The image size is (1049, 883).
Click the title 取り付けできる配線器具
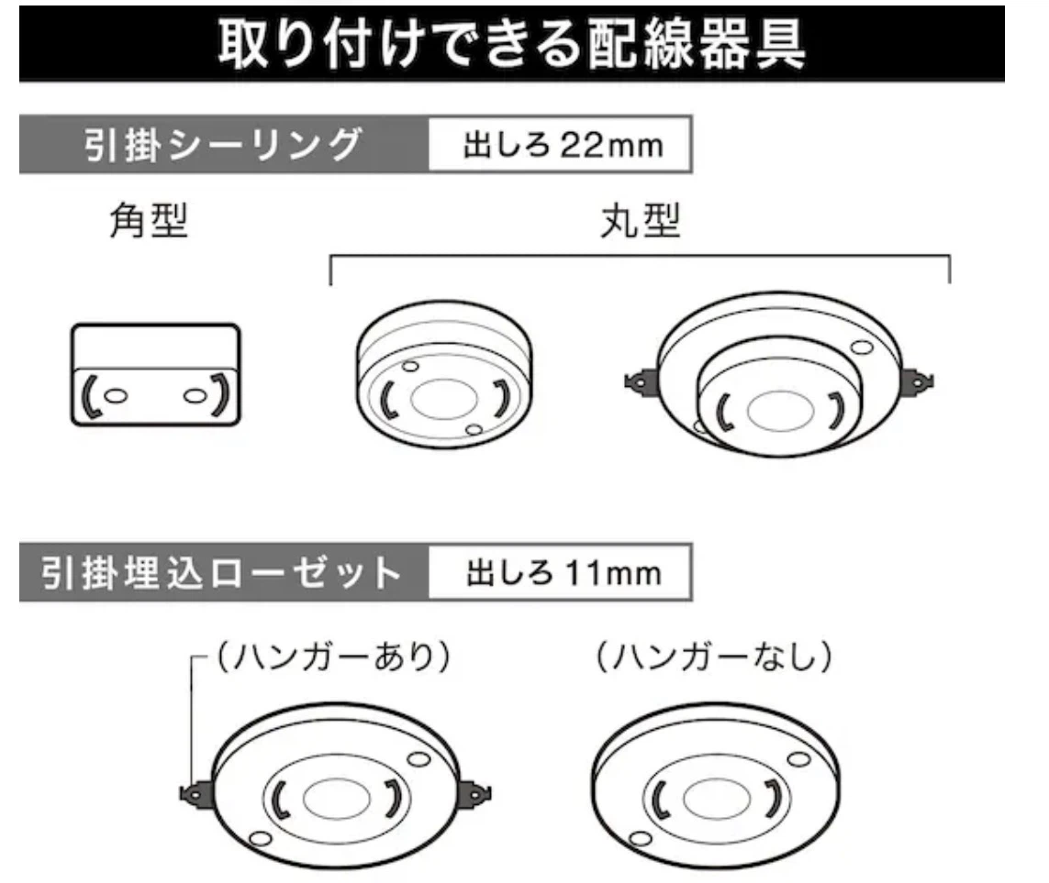512,43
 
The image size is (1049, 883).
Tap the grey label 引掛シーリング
223,144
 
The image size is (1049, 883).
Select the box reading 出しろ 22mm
561,144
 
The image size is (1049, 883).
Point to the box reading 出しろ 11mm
561,572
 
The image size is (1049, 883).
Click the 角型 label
149,221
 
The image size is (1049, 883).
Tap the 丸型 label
641,221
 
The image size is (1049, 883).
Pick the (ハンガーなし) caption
714,657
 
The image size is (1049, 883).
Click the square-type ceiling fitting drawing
155,374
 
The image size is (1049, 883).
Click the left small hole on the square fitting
116,396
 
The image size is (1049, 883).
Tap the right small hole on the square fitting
195,396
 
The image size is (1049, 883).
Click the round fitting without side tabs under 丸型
443,374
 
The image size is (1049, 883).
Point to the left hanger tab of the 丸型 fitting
641,383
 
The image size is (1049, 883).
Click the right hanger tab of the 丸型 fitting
917,382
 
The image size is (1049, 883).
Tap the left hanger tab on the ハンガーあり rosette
196,794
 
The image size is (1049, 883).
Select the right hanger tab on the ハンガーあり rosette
474,793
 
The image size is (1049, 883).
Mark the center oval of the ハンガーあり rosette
337,798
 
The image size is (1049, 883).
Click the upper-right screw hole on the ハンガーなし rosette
798,759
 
